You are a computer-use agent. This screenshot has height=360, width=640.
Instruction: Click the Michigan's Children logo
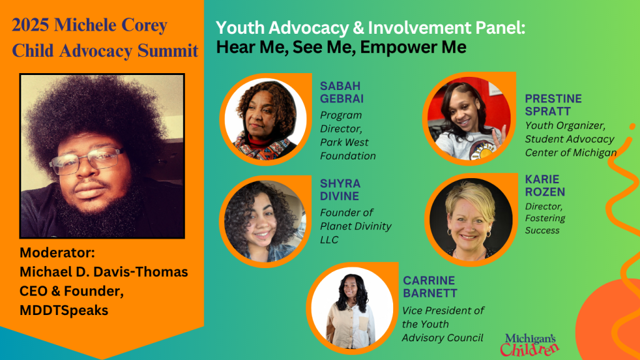pyautogui.click(x=530, y=345)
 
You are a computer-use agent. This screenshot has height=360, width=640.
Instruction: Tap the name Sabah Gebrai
pyautogui.click(x=342, y=92)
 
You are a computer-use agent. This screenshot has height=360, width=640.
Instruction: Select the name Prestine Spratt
pyautogui.click(x=553, y=105)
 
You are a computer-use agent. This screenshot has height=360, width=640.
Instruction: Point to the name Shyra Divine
pyautogui.click(x=340, y=190)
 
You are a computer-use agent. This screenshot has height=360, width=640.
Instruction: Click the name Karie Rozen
pyautogui.click(x=545, y=185)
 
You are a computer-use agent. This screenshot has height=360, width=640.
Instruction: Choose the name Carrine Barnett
pyautogui.click(x=430, y=286)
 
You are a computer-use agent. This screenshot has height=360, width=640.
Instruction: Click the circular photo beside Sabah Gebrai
pyautogui.click(x=266, y=119)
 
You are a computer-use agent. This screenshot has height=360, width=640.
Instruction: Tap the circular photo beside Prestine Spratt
pyautogui.click(x=469, y=118)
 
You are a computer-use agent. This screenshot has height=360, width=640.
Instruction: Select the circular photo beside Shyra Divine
pyautogui.click(x=265, y=221)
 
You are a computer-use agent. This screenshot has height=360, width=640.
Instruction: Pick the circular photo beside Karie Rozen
pyautogui.click(x=471, y=219)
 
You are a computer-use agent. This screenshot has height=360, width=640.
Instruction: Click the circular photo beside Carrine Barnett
pyautogui.click(x=352, y=308)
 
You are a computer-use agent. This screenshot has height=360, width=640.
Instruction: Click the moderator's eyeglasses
pyautogui.click(x=86, y=161)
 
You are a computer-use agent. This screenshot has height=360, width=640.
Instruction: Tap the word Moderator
pyautogui.click(x=57, y=252)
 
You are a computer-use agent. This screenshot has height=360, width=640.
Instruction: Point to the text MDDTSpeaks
pyautogui.click(x=64, y=310)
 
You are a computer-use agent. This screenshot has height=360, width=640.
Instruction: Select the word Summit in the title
pyautogui.click(x=167, y=51)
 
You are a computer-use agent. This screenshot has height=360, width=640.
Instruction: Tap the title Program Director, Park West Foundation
pyautogui.click(x=347, y=136)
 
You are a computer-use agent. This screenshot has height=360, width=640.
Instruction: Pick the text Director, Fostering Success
pyautogui.click(x=545, y=218)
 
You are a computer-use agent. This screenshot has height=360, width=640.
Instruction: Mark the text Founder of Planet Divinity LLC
pyautogui.click(x=356, y=226)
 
